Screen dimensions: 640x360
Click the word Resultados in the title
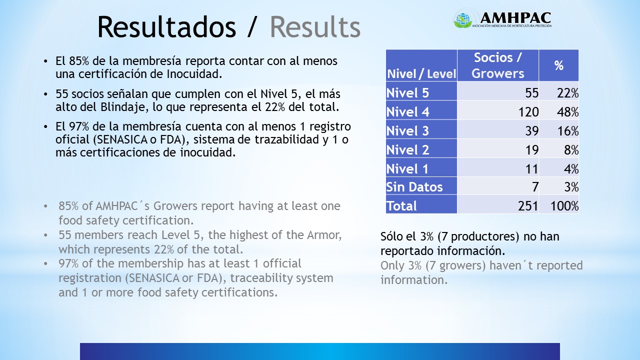(x=167, y=26)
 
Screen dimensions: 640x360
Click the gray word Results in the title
(x=315, y=26)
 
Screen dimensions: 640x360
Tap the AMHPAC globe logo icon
(x=463, y=19)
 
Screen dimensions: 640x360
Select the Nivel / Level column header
(x=421, y=74)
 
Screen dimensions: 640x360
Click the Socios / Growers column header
(x=497, y=65)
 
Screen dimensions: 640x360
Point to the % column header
(x=558, y=65)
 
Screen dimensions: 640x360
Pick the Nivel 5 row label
(x=407, y=93)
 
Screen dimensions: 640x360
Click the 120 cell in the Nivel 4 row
(x=528, y=111)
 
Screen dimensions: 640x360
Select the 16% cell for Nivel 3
(x=568, y=131)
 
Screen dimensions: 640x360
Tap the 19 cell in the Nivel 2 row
(x=532, y=149)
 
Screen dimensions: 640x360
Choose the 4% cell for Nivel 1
(x=571, y=169)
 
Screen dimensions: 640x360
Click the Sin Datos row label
(x=414, y=187)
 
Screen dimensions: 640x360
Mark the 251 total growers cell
(x=528, y=205)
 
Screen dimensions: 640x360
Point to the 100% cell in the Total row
(x=564, y=205)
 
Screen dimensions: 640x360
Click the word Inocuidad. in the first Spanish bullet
(x=194, y=74)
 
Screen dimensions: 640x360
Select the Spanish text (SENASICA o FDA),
(x=141, y=139)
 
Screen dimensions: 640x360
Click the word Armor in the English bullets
(x=324, y=235)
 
